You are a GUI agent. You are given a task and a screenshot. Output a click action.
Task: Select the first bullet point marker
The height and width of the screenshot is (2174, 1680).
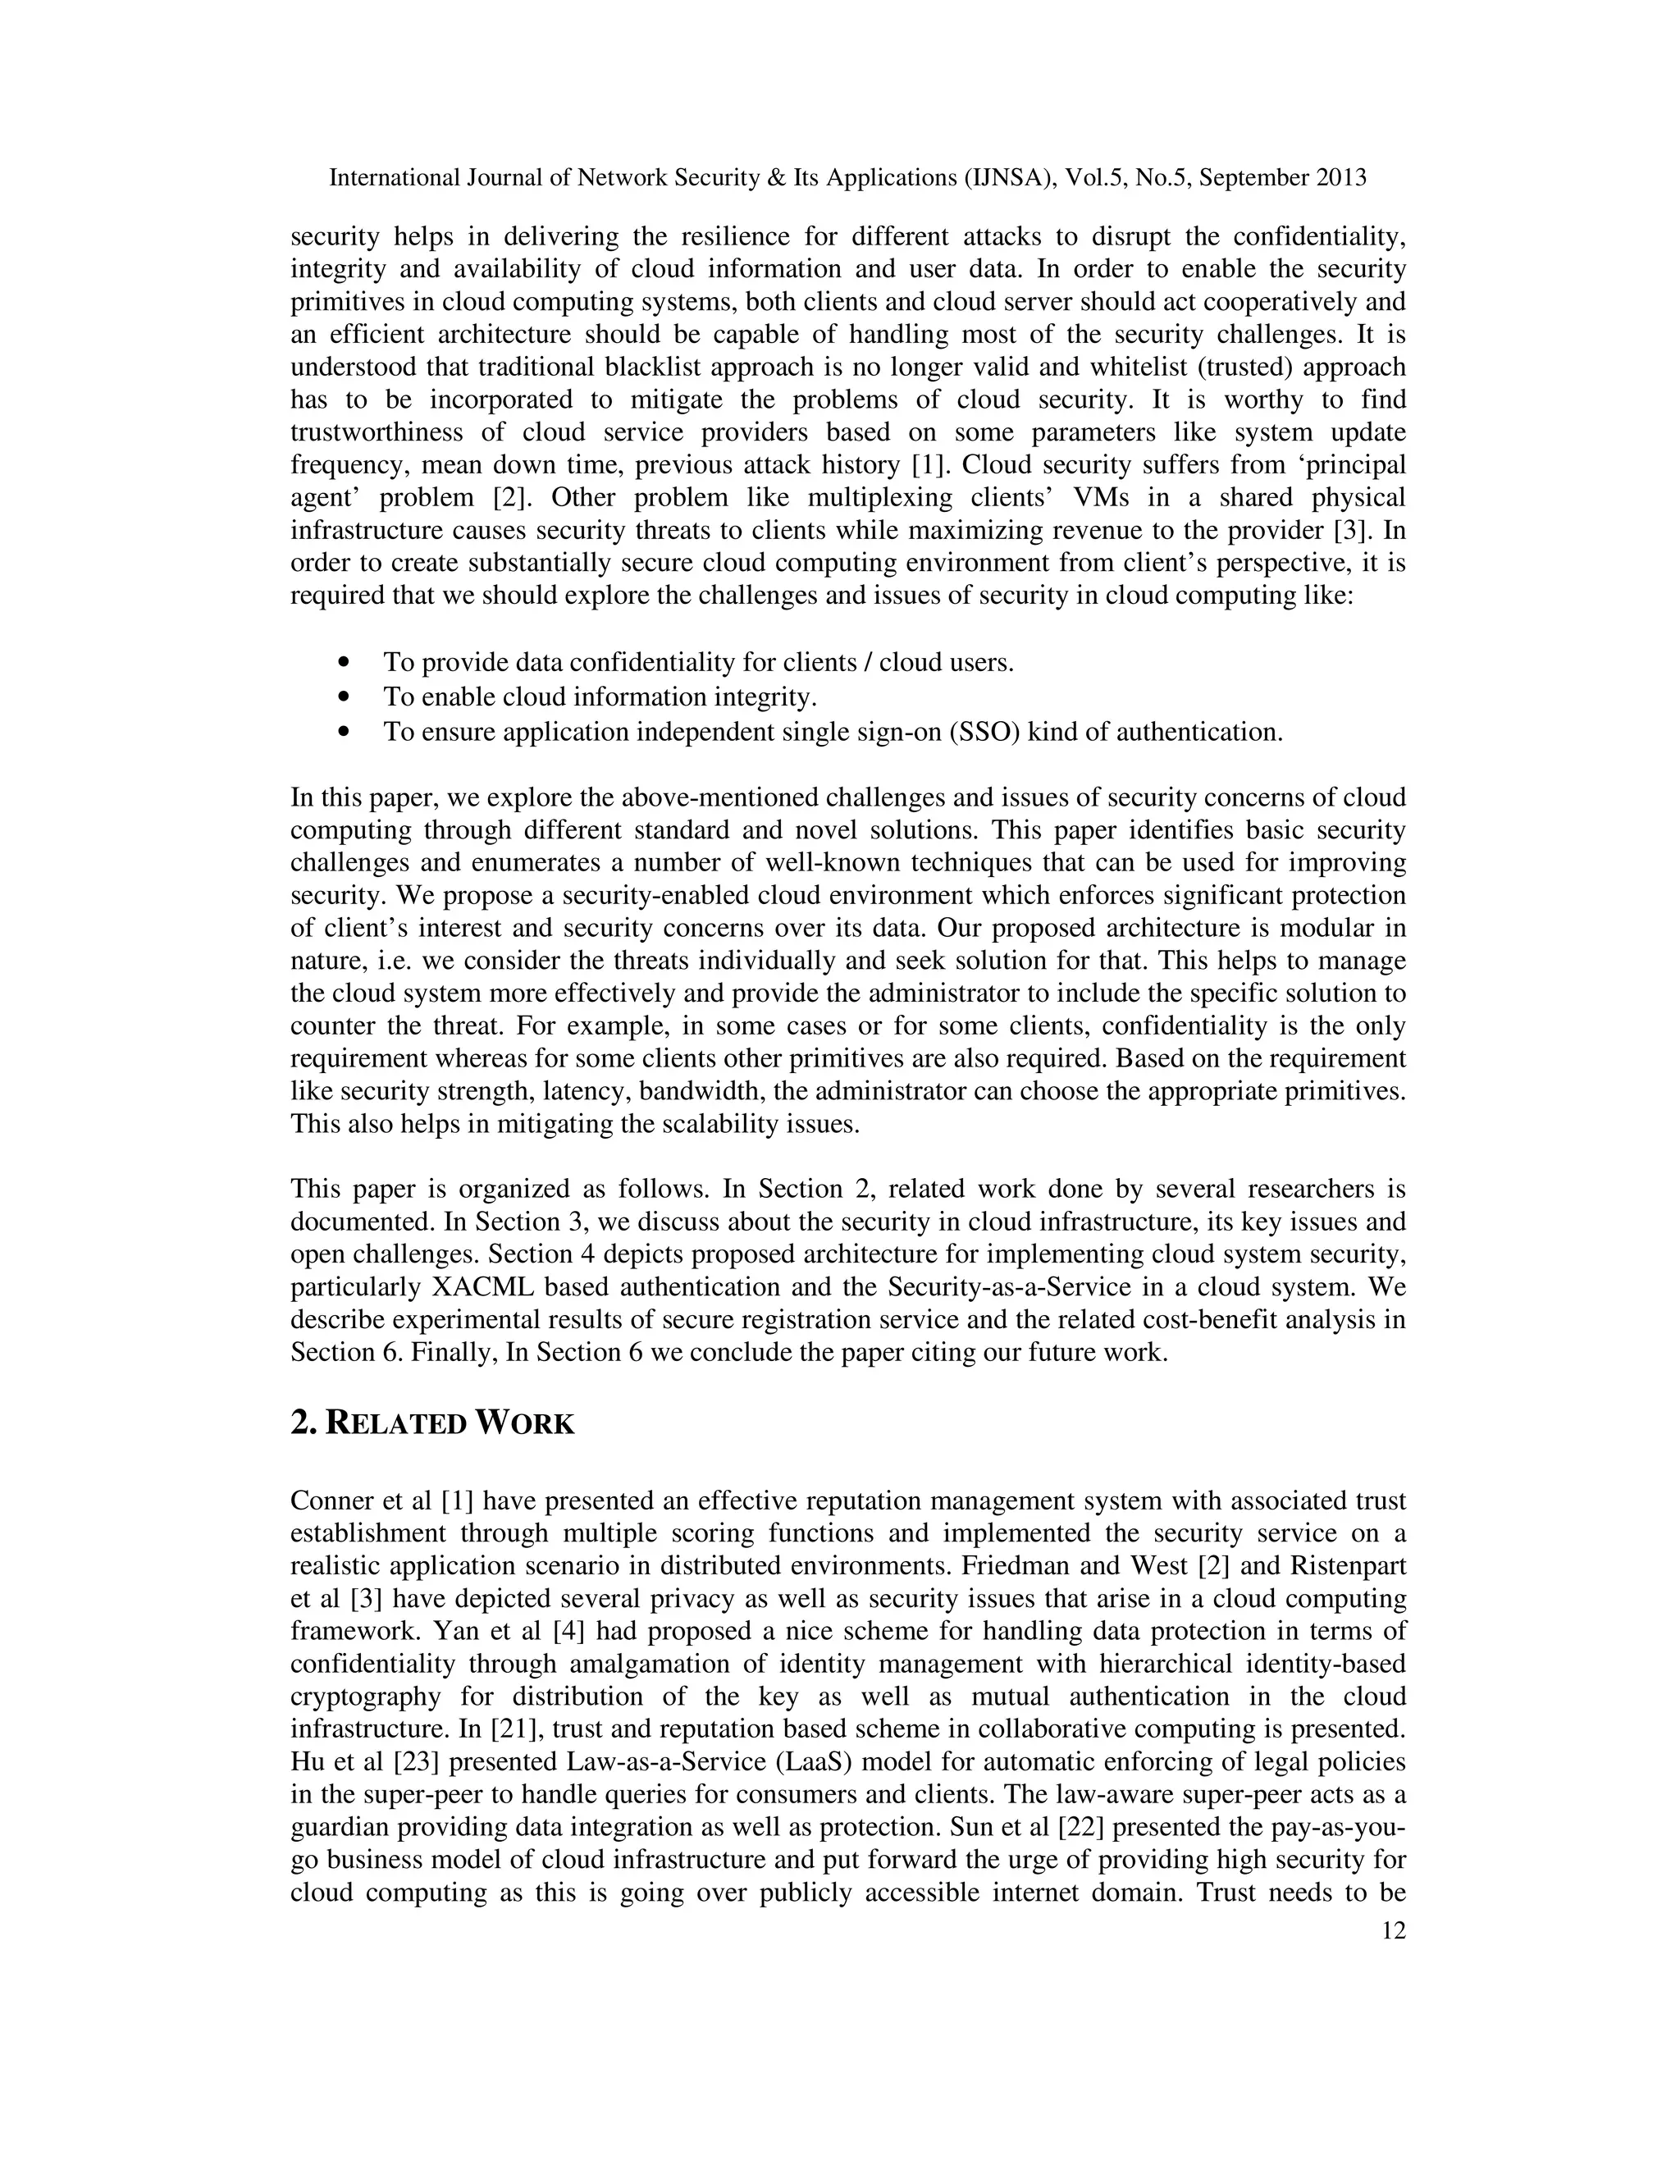point(345,662)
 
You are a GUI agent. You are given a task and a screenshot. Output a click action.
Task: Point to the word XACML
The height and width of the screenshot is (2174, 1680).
point(482,1287)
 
